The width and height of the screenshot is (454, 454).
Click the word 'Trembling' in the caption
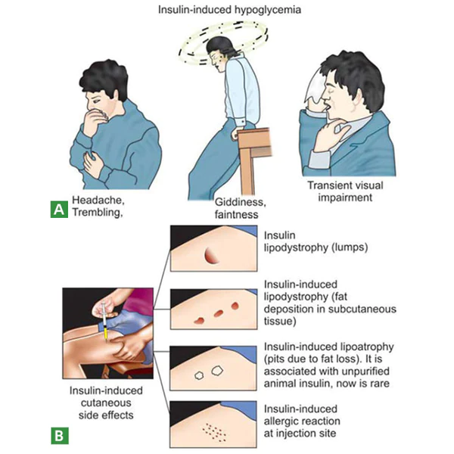97,213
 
